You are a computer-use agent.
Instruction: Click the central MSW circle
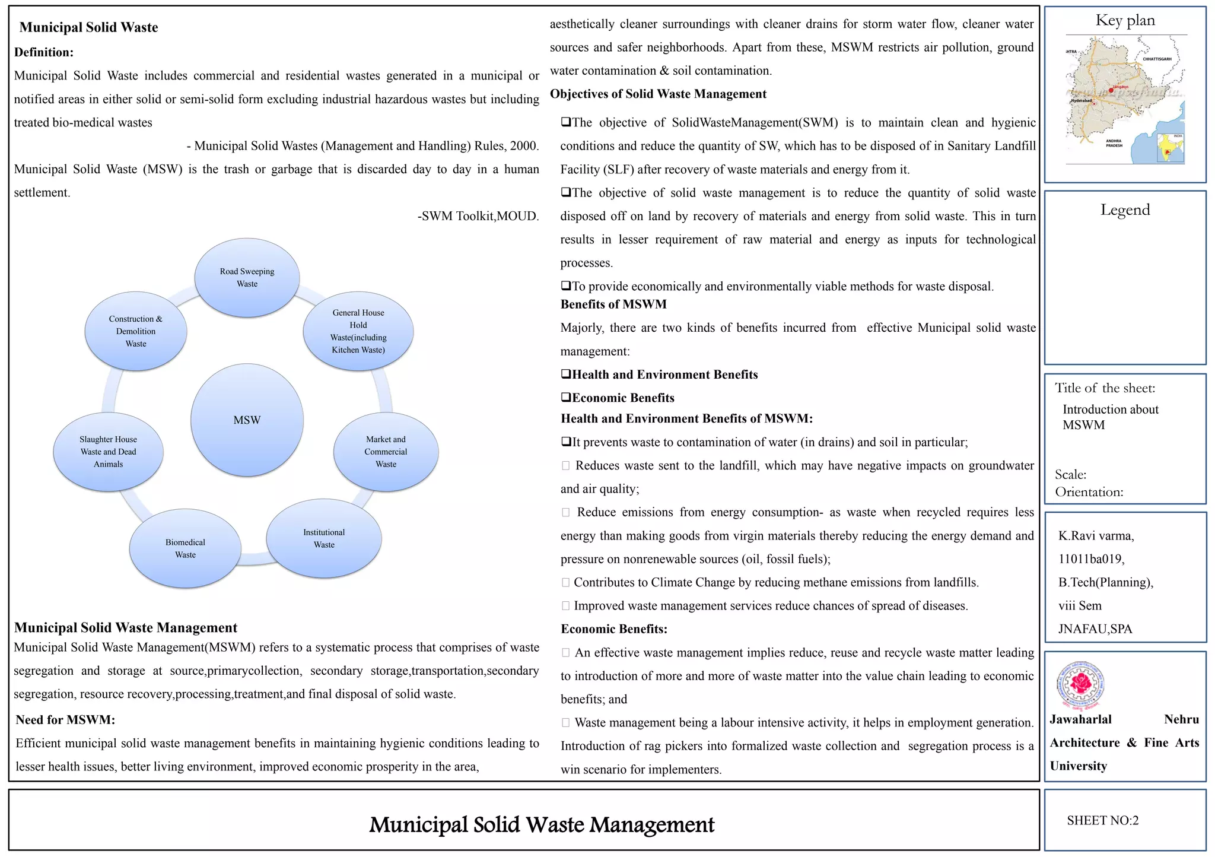[247, 420]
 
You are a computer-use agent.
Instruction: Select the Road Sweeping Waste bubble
[247, 278]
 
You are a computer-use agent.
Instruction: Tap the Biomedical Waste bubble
[185, 548]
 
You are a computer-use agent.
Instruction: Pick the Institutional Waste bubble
[324, 538]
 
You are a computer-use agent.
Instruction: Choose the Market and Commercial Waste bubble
[386, 452]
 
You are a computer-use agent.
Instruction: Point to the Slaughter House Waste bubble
[108, 452]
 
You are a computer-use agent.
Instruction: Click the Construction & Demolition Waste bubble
[136, 331]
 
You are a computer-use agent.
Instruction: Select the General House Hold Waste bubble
[358, 331]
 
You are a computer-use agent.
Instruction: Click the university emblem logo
[1082, 685]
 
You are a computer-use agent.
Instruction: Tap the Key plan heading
[1125, 21]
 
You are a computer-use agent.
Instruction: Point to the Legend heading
[1125, 210]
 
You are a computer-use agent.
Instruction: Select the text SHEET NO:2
[1102, 821]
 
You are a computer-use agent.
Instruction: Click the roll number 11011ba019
[1091, 559]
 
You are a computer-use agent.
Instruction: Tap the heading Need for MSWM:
[65, 720]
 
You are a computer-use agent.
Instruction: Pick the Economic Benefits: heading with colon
[614, 629]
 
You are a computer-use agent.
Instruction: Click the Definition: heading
[44, 52]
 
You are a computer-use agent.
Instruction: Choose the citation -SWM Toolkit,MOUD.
[478, 216]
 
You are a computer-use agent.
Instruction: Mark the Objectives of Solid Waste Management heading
[658, 94]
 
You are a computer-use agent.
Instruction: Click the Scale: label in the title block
[1070, 475]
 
